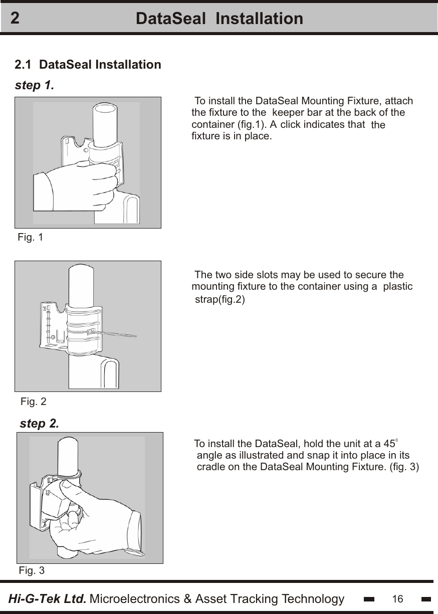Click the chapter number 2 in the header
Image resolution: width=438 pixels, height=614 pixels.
[16, 19]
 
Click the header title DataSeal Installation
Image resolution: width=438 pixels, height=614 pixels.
[220, 19]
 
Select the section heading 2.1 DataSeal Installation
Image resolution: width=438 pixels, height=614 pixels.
[88, 65]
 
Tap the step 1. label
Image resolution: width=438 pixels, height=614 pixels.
[35, 85]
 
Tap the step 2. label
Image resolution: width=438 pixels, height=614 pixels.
[39, 424]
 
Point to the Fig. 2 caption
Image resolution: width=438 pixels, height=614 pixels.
[34, 401]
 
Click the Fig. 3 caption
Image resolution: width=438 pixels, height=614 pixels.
[32, 570]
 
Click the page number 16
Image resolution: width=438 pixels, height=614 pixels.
[398, 599]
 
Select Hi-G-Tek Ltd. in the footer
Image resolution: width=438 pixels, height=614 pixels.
[48, 599]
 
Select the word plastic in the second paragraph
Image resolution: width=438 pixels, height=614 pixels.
[398, 287]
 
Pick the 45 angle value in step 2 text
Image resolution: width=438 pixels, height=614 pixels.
[389, 444]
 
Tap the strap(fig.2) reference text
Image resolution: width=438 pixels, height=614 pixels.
[220, 300]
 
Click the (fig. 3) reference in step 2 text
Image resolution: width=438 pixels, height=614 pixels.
[404, 467]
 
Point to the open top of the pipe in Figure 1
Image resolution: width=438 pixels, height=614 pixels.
[106, 107]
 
